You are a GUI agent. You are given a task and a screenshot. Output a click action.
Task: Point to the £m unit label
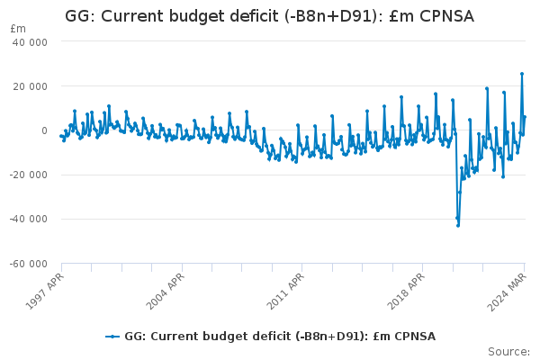tap(18, 29)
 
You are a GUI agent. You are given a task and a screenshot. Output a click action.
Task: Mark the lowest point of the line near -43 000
tap(458, 225)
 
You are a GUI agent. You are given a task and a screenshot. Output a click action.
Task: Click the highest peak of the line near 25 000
tap(522, 74)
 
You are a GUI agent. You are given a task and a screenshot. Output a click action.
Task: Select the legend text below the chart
tap(280, 337)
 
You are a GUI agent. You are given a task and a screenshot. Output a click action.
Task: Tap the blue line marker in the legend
tap(112, 337)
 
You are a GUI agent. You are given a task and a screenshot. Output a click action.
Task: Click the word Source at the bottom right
tap(509, 351)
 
